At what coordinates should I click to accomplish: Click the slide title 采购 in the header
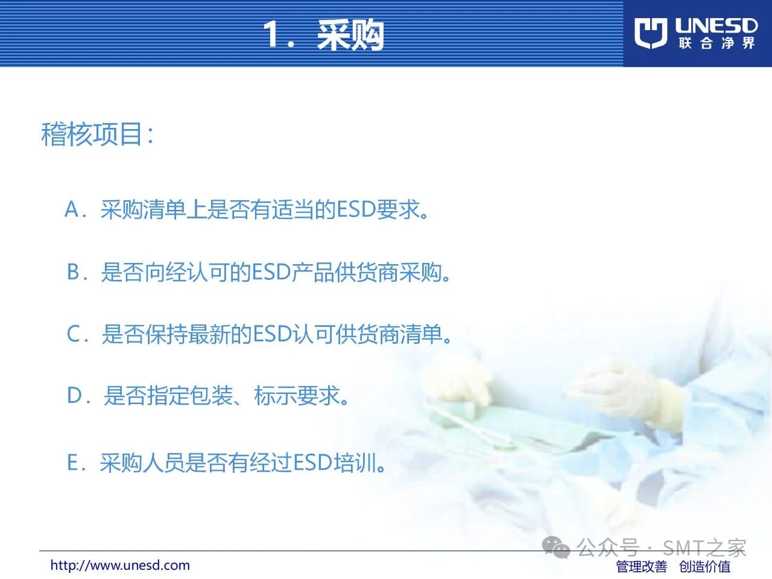click(x=350, y=34)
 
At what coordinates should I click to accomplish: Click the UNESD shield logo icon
click(x=650, y=33)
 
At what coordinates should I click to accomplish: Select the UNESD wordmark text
click(x=716, y=26)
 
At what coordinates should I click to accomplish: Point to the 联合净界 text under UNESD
click(x=717, y=43)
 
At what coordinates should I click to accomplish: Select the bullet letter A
click(x=72, y=209)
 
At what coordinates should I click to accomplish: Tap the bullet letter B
click(x=73, y=272)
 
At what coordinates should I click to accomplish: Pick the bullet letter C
click(x=74, y=334)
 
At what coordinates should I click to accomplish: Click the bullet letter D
click(x=74, y=395)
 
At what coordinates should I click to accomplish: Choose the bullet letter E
click(x=72, y=462)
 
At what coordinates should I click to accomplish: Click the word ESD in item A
click(x=356, y=209)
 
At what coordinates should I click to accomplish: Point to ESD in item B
click(x=271, y=272)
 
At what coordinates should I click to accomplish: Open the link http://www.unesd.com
click(x=120, y=565)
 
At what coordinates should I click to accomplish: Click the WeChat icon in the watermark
click(x=555, y=548)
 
